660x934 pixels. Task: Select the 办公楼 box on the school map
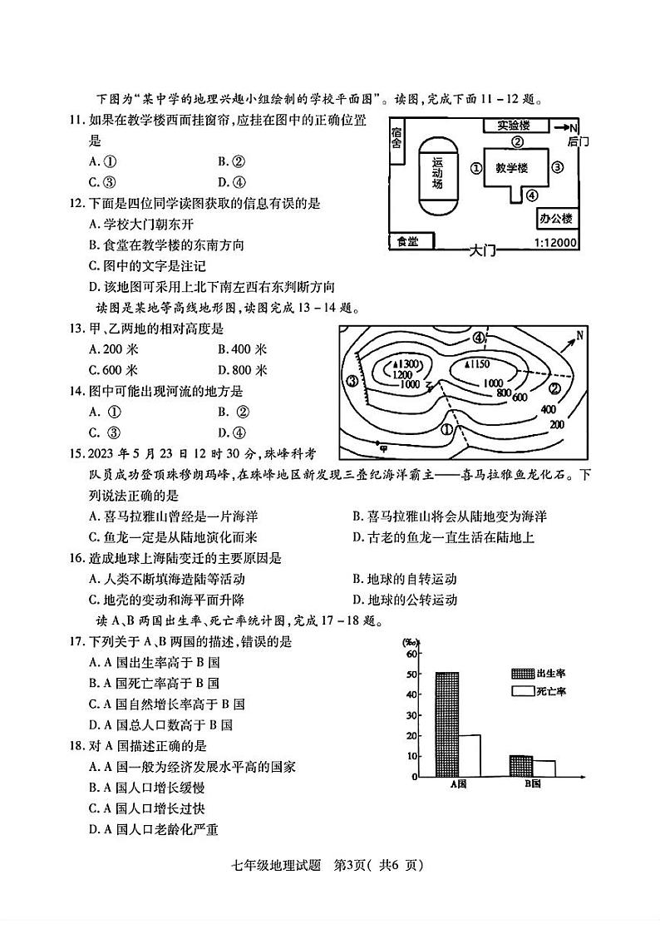[x=556, y=219]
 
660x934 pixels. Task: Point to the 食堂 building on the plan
[x=408, y=241]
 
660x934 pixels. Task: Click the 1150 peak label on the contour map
[x=478, y=364]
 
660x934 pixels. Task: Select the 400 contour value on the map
[x=548, y=409]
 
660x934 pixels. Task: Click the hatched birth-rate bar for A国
[x=446, y=724]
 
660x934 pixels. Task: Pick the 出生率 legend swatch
[x=523, y=673]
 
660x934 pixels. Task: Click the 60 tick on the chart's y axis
[x=411, y=654]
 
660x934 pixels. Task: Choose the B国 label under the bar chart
[x=532, y=783]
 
